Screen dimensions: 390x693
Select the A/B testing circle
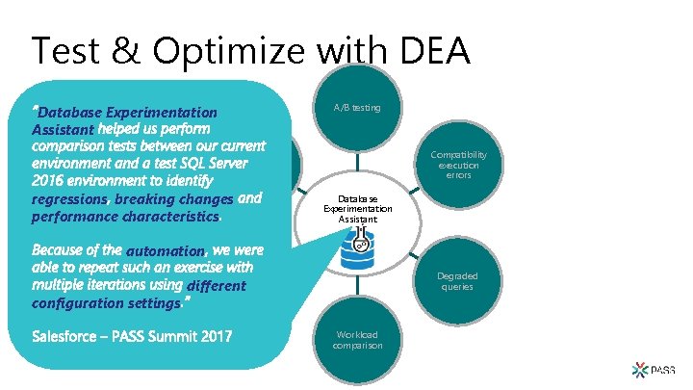pos(357,106)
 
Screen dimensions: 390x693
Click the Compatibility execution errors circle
pos(458,165)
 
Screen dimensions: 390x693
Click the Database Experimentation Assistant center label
pos(357,209)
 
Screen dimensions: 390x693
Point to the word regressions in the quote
pos(69,198)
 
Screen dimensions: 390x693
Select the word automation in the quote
pos(165,249)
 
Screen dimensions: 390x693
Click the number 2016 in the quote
pos(51,180)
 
